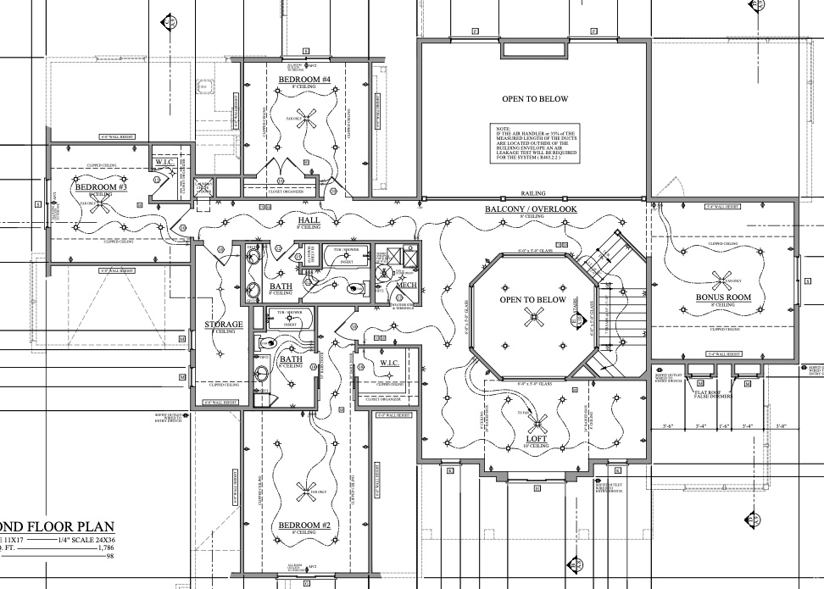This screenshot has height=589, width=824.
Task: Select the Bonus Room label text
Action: click(723, 297)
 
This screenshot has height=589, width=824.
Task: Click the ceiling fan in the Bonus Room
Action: click(723, 279)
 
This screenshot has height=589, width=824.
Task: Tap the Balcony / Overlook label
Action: click(532, 209)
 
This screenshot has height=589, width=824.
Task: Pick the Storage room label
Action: click(224, 325)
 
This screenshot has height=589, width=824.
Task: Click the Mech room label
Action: click(406, 286)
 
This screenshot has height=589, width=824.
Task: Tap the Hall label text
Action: click(308, 219)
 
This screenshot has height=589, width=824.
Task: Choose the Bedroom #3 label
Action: click(95, 186)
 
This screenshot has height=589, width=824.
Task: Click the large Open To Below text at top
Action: click(534, 99)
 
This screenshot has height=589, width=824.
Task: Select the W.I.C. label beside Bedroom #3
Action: click(164, 163)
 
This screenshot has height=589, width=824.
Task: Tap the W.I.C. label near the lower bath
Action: click(389, 363)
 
